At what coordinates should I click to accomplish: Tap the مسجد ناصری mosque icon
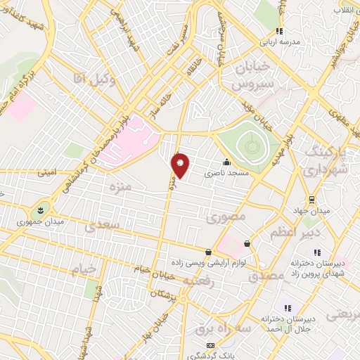coord(226,161)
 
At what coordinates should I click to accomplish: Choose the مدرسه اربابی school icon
coord(279,31)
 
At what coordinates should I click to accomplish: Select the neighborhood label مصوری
coord(226,217)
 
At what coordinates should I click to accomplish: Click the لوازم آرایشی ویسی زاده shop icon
coord(208,252)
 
